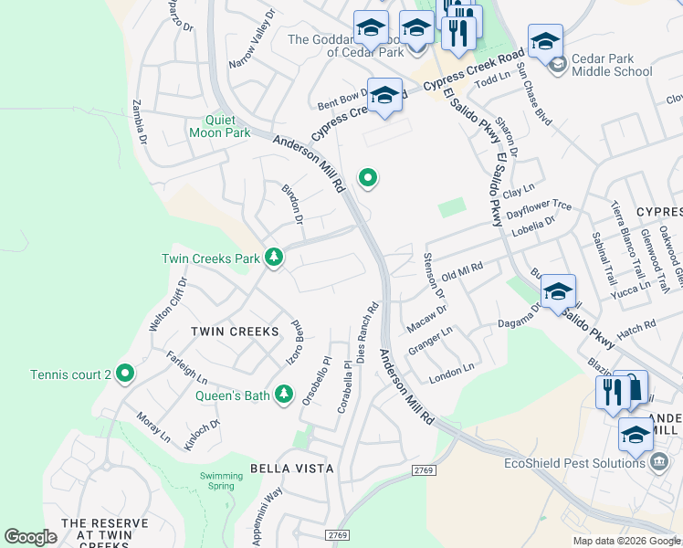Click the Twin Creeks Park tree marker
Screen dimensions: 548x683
[x=273, y=258]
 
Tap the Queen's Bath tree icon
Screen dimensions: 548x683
[x=285, y=395]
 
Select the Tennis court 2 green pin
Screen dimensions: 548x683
[x=126, y=374]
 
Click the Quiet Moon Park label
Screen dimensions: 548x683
[x=219, y=126]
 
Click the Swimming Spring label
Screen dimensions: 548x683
[x=222, y=481]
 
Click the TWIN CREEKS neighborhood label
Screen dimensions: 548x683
[x=234, y=331]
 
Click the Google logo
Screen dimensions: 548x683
[x=31, y=537]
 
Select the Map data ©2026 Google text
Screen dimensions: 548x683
[x=626, y=541]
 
